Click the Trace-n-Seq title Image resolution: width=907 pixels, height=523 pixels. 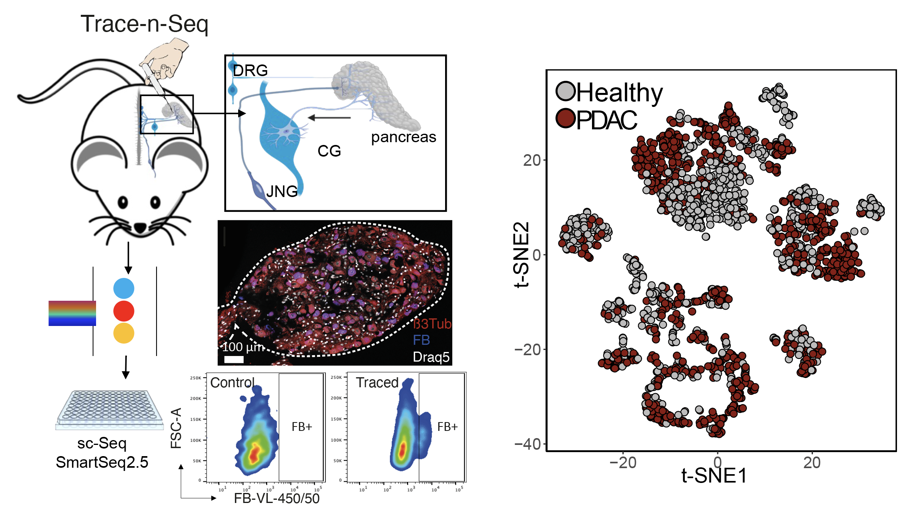(144, 24)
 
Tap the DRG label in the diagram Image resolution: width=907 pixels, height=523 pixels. (250, 70)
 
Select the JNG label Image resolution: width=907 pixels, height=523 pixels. (282, 191)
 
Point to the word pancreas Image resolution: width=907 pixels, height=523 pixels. (403, 137)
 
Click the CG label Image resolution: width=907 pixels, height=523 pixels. (329, 151)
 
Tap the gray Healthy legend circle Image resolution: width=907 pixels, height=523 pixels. (566, 92)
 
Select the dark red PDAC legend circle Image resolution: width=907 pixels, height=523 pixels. (566, 119)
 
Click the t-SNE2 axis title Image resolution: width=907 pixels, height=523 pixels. (522, 255)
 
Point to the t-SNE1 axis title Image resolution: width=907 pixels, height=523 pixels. (714, 476)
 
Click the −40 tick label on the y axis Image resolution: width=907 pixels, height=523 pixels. (528, 444)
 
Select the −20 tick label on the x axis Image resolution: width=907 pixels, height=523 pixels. (623, 463)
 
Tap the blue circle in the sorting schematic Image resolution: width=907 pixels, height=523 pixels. (124, 288)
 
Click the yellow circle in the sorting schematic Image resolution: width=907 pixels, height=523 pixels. (124, 333)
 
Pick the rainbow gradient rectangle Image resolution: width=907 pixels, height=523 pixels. (72, 313)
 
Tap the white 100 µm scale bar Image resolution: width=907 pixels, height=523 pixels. (234, 359)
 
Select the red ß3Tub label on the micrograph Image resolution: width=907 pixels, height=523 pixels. (432, 324)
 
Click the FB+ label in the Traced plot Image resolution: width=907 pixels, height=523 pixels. (447, 427)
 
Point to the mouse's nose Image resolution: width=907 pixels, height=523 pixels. (140, 228)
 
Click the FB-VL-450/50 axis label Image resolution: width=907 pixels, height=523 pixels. (277, 499)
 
